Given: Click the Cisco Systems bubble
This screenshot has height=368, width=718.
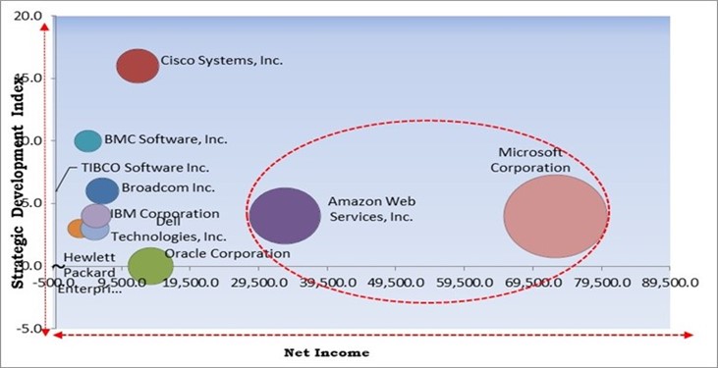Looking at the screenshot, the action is coord(138,66).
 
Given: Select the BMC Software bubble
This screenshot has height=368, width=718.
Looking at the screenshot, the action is coord(88,140).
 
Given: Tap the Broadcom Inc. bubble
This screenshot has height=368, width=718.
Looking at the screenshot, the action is coord(102,190).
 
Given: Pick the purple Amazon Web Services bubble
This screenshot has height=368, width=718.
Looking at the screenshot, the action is coord(285,215).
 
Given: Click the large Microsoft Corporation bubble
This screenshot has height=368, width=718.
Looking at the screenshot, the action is coord(555,216).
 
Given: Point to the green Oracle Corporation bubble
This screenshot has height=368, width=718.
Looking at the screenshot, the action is coord(150,265).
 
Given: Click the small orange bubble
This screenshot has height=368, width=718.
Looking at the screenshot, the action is coord(78,229).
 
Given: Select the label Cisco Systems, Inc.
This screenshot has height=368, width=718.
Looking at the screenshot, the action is coord(222,60).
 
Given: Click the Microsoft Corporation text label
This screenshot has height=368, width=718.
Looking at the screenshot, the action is coord(530,160).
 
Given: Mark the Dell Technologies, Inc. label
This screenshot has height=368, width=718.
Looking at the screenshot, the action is coord(168,230).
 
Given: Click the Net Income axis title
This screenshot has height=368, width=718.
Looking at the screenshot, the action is coord(327,351).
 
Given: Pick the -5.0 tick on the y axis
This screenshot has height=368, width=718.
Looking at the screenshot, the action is coord(31,329).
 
